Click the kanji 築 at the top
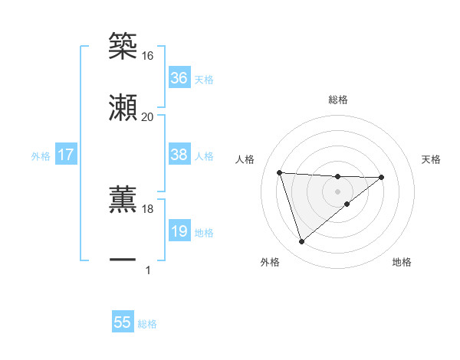123,47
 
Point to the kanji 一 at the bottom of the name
123,260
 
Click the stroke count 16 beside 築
147,56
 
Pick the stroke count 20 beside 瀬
147,116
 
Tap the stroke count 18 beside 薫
147,208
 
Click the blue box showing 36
179,78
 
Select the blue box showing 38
179,155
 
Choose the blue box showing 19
179,231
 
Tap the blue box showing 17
66,155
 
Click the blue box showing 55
123,322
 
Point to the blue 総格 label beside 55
147,324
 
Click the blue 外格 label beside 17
41,156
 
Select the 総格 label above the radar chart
338,100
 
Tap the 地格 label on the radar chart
402,263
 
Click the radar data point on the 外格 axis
301,242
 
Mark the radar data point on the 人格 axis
280,172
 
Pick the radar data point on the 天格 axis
382,177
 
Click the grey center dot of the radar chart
338,191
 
